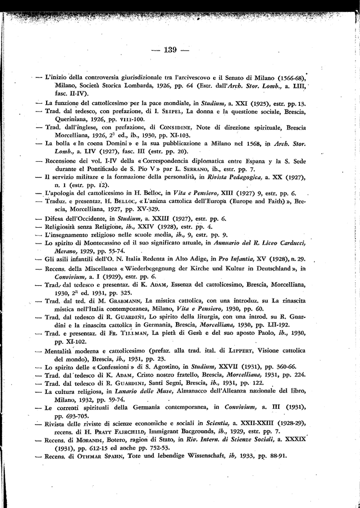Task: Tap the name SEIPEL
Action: [149, 112]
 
